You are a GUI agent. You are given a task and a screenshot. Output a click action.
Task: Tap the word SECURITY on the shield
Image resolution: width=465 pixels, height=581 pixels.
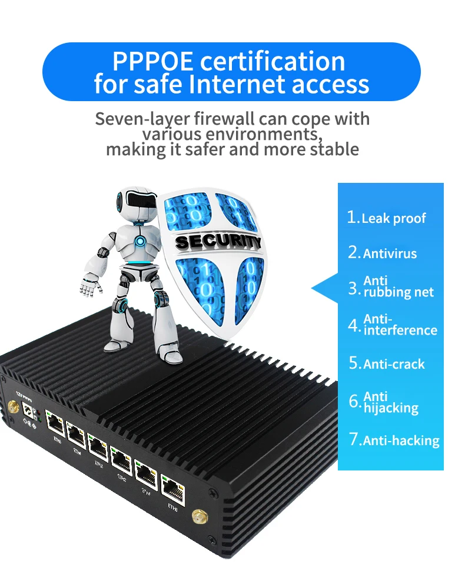[x=218, y=242]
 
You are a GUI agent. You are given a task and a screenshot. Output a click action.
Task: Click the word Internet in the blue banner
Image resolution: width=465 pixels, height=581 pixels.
[x=234, y=84]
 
